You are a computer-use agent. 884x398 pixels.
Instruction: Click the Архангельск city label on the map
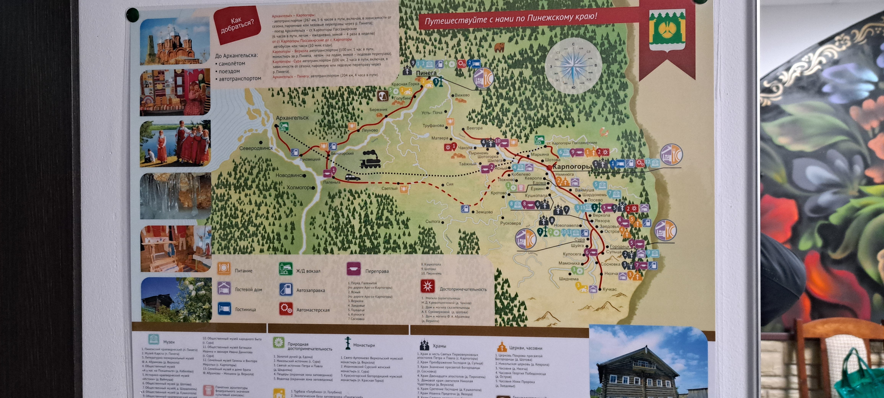292,118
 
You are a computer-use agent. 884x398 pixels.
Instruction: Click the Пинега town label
426,73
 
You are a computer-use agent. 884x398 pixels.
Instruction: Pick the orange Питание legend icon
224,268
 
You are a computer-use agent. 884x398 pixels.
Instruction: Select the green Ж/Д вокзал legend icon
285,269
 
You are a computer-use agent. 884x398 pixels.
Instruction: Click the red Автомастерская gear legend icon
286,309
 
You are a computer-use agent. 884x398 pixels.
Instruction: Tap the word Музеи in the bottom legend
169,342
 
